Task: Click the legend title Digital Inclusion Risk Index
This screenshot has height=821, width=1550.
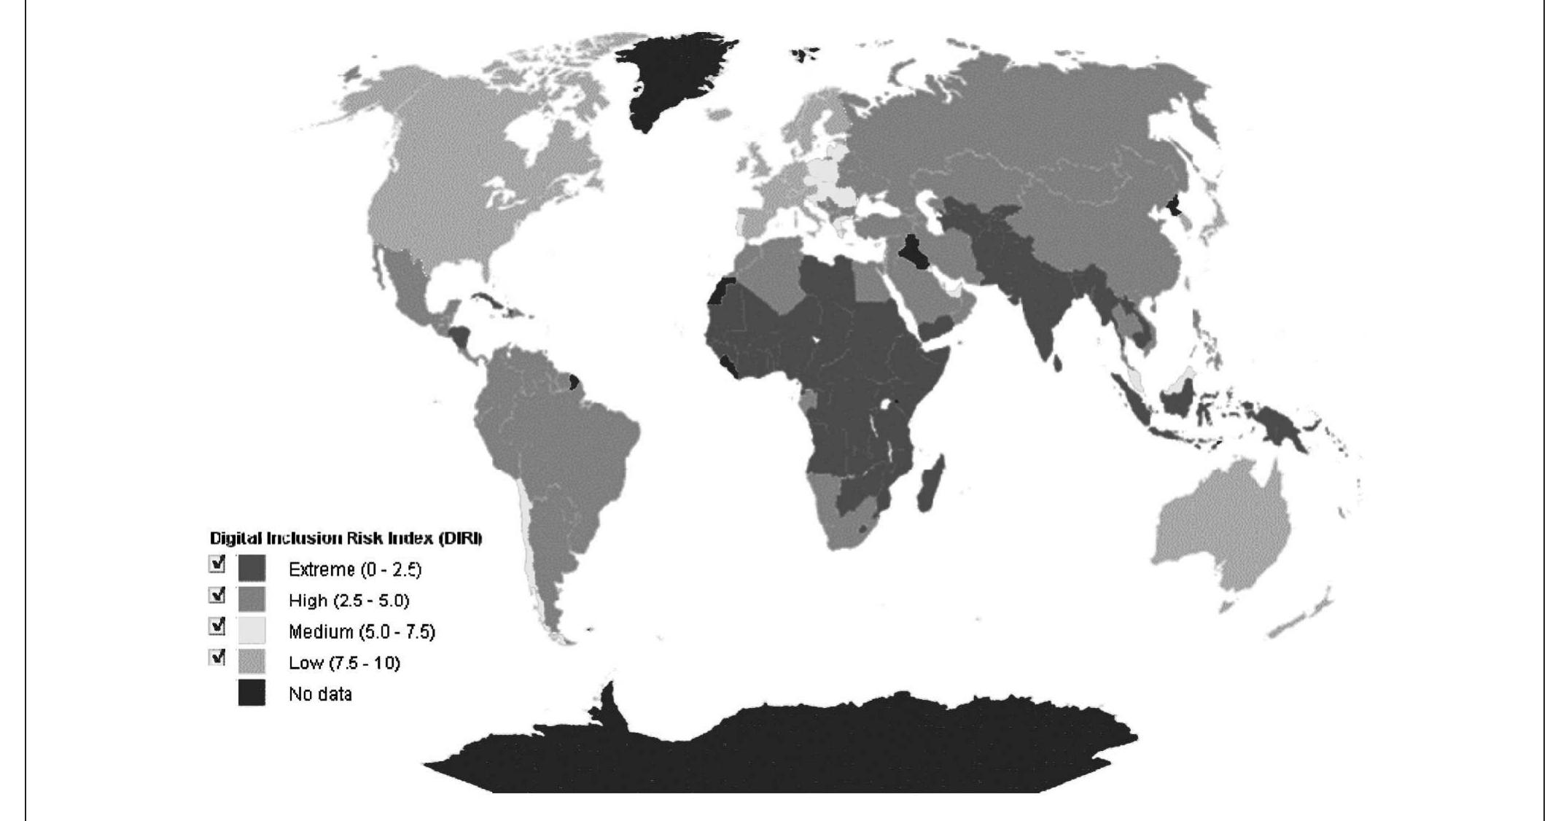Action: [346, 539]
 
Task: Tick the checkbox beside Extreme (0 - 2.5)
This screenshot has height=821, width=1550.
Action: [217, 564]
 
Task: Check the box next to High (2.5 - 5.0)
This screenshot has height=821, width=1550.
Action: [217, 595]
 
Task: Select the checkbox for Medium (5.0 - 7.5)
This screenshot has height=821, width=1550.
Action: [217, 626]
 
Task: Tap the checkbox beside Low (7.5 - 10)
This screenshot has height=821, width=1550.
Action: [217, 657]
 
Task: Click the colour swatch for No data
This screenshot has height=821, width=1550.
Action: [252, 693]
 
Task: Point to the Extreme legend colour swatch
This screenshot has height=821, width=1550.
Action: [252, 569]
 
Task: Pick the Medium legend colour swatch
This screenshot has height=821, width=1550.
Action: [252, 631]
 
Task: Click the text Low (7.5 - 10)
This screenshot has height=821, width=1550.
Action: [344, 663]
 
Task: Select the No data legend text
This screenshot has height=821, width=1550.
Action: [320, 694]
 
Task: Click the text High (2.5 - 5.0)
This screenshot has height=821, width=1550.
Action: [348, 601]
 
